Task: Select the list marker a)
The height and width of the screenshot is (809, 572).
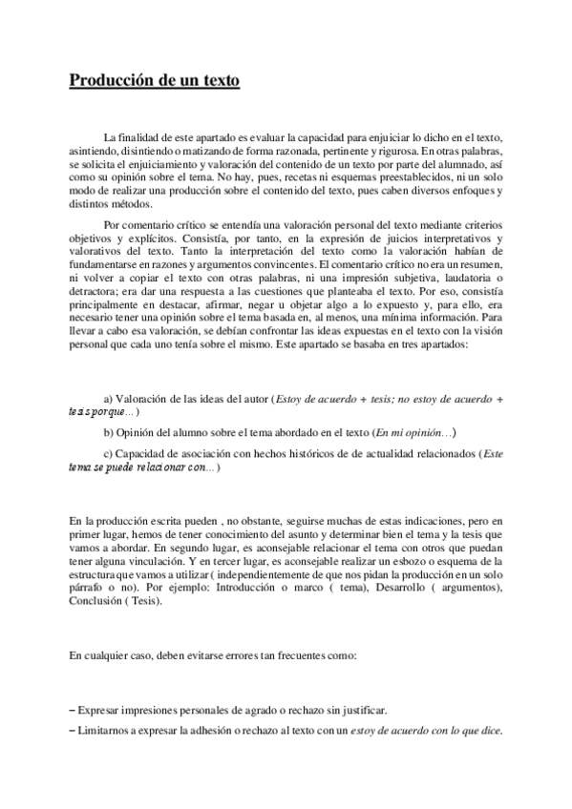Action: click(x=108, y=398)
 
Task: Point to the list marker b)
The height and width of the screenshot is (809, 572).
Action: click(x=108, y=432)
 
